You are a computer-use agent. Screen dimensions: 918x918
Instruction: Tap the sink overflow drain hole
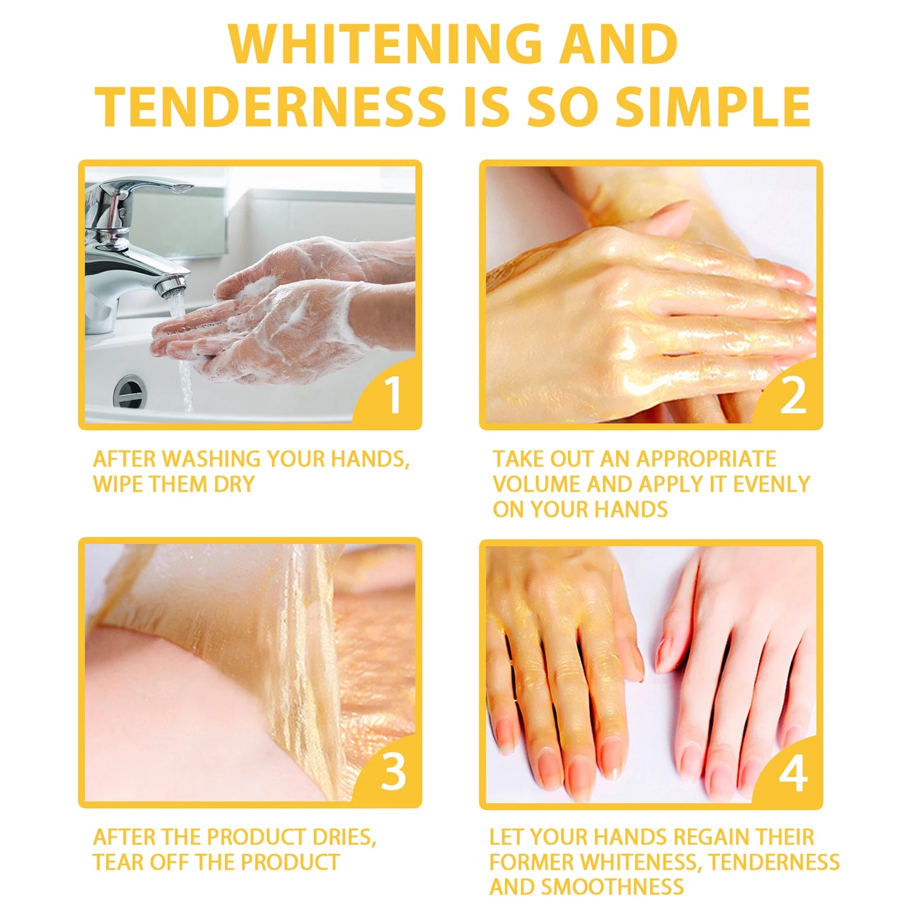tap(130, 391)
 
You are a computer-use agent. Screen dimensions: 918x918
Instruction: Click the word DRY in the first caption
tap(233, 484)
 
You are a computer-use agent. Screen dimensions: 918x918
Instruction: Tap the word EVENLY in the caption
tap(771, 484)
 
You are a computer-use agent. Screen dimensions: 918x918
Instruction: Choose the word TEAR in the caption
tap(116, 862)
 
